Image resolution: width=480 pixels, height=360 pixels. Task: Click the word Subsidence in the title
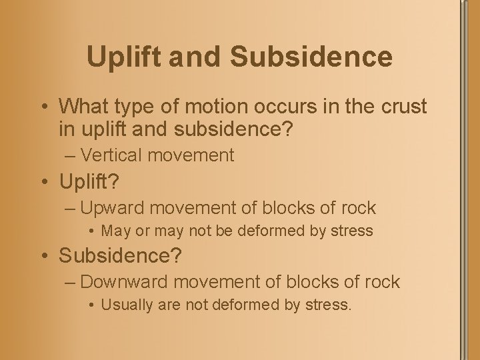click(311, 57)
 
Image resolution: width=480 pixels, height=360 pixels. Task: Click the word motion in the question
click(201, 106)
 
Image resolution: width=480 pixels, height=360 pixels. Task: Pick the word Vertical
click(111, 155)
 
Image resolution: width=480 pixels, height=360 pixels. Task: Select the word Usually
click(127, 305)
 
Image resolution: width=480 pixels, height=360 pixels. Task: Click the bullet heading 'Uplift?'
click(89, 181)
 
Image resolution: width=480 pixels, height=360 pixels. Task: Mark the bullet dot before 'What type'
click(42, 107)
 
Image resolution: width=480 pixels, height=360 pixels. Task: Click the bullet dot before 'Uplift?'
click(42, 181)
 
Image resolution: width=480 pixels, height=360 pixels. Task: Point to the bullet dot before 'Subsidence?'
click(42, 255)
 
